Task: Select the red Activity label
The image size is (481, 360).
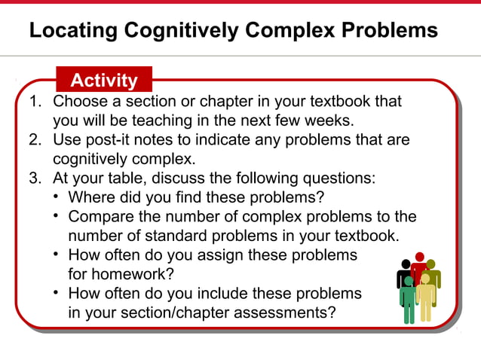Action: click(x=104, y=80)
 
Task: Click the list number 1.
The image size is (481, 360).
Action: click(x=33, y=101)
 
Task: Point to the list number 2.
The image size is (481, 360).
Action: click(x=33, y=140)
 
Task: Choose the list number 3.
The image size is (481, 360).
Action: click(x=33, y=179)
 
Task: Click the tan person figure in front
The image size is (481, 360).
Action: click(x=426, y=297)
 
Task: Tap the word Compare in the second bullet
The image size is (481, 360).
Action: click(x=97, y=217)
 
